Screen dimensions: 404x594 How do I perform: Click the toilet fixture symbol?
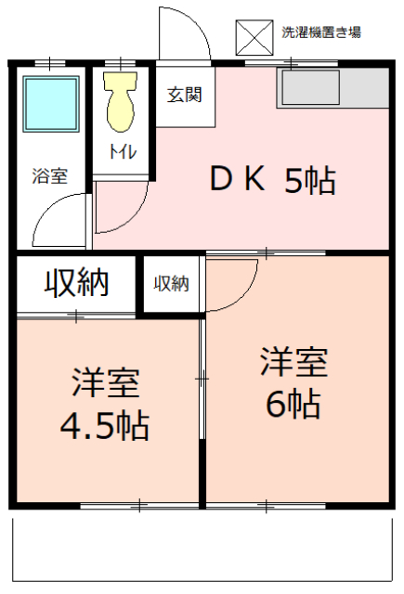pyautogui.click(x=121, y=101)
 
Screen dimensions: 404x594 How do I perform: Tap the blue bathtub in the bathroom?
pyautogui.click(x=51, y=104)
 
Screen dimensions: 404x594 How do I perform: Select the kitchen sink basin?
pyautogui.click(x=310, y=87)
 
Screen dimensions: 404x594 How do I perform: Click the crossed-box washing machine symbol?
pyautogui.click(x=254, y=38)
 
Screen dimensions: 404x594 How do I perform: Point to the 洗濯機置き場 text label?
pyautogui.click(x=321, y=32)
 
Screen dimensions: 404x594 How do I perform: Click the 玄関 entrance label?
pyautogui.click(x=185, y=95)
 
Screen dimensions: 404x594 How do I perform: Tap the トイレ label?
pyautogui.click(x=123, y=151)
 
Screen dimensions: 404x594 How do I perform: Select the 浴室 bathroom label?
pyautogui.click(x=50, y=175)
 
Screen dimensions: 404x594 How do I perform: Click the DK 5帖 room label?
pyautogui.click(x=273, y=179)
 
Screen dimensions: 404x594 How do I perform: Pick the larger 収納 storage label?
pyautogui.click(x=77, y=283)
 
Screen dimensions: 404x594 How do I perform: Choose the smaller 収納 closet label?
pyautogui.click(x=171, y=283)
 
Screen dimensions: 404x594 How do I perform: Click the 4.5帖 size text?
pyautogui.click(x=105, y=427)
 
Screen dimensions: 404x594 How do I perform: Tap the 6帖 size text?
pyautogui.click(x=293, y=405)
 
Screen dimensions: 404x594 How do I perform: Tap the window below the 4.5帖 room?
pyautogui.click(x=139, y=505)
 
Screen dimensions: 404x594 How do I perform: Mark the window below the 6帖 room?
pyautogui.click(x=266, y=505)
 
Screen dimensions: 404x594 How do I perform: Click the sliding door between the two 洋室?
pyautogui.click(x=202, y=379)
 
